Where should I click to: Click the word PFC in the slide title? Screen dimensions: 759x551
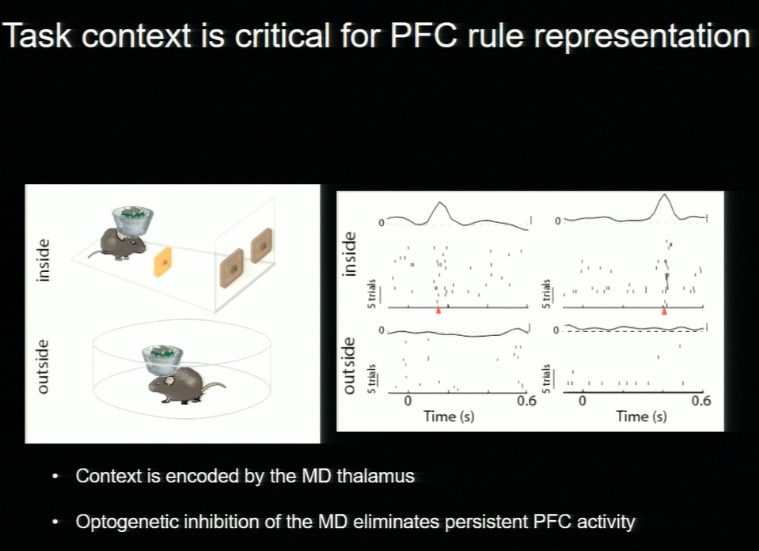pos(423,36)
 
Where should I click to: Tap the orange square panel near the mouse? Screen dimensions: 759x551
pos(163,262)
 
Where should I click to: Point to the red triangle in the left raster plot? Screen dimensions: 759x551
pos(438,310)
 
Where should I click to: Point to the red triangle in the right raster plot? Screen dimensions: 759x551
pos(664,311)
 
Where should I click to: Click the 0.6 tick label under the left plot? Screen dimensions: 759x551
pos(526,401)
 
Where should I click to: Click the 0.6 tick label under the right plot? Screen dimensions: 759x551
pos(701,401)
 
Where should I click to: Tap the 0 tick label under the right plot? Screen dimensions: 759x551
pos(583,401)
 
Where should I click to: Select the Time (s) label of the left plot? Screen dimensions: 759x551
pos(449,416)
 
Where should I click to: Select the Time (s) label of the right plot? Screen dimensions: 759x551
pos(641,416)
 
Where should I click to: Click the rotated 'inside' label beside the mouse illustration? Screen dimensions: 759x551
pos(44,260)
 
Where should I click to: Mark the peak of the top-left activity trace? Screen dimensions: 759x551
pos(439,202)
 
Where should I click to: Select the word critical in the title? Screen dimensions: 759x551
pos(281,36)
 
